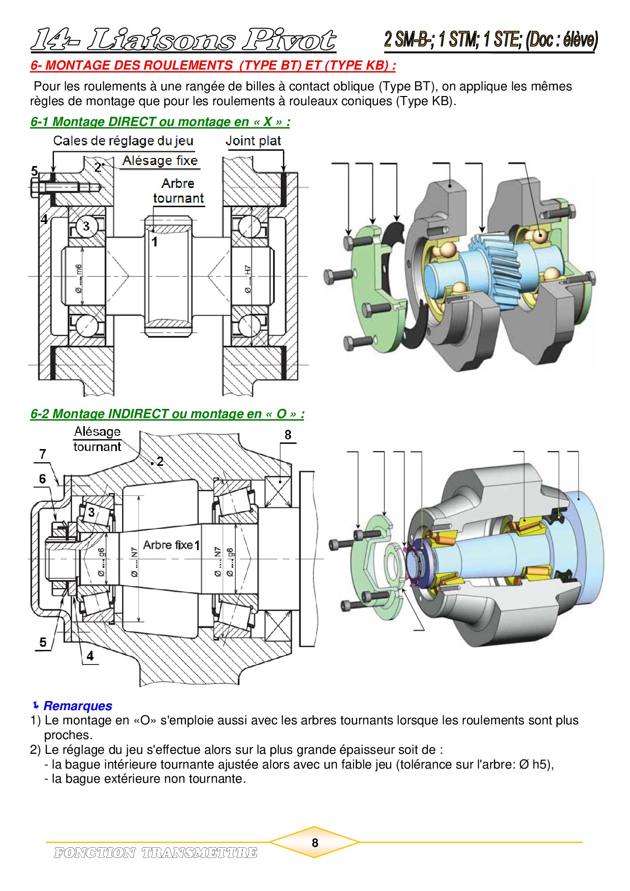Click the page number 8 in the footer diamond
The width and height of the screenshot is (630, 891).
coord(314,843)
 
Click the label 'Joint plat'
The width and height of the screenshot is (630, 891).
coord(253,141)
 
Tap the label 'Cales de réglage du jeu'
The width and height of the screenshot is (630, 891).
coord(123,141)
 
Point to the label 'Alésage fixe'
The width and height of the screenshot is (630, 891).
coord(160,161)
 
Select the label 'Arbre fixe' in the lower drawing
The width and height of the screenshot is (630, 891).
coord(168,545)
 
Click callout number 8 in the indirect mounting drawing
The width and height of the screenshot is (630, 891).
coord(288,435)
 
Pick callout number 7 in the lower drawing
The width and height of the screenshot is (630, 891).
coord(43,454)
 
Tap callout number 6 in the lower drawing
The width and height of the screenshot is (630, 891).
coord(43,479)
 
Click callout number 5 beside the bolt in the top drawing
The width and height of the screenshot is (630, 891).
coord(35,171)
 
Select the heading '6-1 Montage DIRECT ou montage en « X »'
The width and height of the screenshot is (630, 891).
coord(160,122)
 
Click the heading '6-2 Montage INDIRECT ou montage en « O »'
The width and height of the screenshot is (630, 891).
coord(167,414)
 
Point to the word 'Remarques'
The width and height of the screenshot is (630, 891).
coord(78,706)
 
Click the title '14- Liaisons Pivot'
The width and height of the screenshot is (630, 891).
coord(183,40)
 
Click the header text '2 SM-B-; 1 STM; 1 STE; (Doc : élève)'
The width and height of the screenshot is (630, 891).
coord(491,40)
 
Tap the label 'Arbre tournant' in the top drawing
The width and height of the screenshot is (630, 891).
coord(178,190)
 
